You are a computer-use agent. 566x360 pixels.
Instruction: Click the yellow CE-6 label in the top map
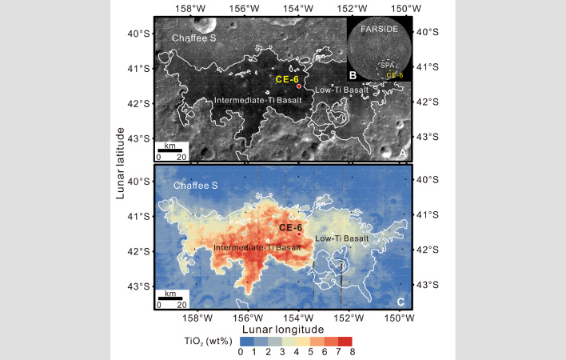287,79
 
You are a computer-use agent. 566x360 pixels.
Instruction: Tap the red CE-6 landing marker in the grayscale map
298,86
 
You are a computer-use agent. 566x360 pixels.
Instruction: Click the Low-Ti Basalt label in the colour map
341,238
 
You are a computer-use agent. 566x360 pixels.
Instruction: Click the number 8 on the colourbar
352,353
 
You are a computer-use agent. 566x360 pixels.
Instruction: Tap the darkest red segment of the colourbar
345,341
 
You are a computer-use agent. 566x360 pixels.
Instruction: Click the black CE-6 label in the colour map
290,227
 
